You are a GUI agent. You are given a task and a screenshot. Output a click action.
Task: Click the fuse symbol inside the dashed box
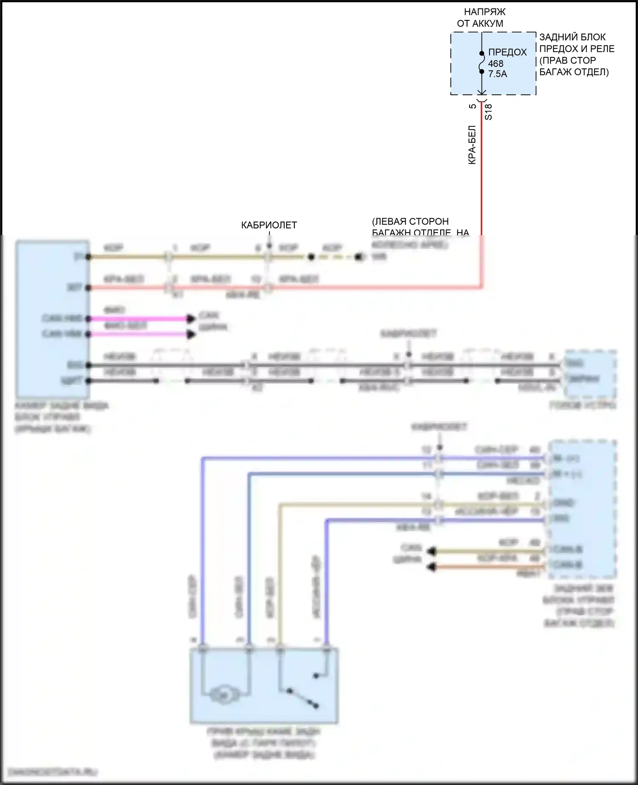(x=481, y=63)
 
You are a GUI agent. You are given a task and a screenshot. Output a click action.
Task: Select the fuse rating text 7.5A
(x=498, y=74)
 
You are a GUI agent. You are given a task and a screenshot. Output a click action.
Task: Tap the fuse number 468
(x=496, y=63)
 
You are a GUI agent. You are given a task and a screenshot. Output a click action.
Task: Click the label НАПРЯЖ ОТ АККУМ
(x=481, y=18)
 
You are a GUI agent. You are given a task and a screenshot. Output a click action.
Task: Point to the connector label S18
(x=488, y=112)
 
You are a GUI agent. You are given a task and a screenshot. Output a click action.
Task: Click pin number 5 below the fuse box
(x=473, y=106)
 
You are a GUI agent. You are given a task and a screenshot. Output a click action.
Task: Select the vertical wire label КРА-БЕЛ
(x=472, y=145)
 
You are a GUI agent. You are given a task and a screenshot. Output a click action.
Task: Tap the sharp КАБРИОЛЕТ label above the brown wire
(x=269, y=225)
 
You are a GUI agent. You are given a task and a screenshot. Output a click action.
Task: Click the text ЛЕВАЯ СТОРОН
(x=410, y=222)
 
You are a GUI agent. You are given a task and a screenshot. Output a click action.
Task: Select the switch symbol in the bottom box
(x=303, y=697)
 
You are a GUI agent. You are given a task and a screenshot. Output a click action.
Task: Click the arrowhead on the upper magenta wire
(x=191, y=319)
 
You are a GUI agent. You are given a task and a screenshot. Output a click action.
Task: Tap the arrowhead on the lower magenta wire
(x=191, y=335)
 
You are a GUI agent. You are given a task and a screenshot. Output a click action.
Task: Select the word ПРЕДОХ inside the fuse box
(x=507, y=52)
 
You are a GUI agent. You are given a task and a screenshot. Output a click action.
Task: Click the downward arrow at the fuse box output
(x=481, y=91)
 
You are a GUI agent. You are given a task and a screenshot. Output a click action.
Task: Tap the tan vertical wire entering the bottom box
(x=279, y=574)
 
